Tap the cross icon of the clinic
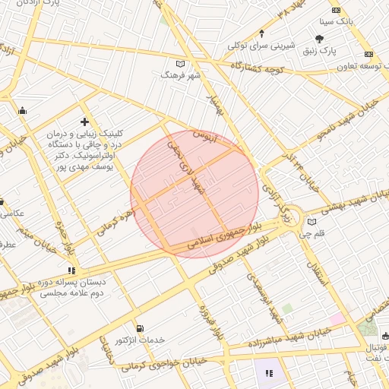[x=84, y=122]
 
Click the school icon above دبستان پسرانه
[x=72, y=270]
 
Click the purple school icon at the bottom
[x=268, y=372]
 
